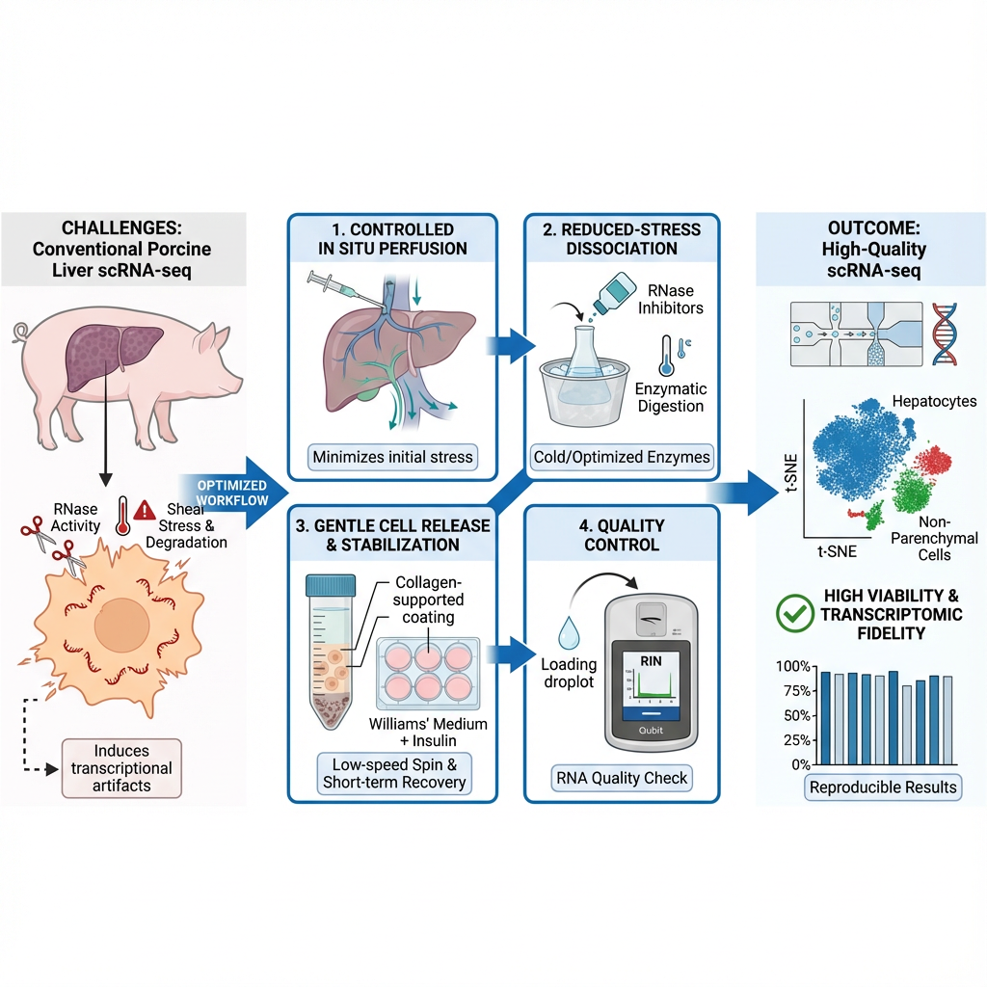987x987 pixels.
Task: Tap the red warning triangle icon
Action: pyautogui.click(x=146, y=510)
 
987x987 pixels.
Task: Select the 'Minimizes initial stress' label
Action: pyautogui.click(x=392, y=455)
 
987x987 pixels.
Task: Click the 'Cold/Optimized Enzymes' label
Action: pyautogui.click(x=622, y=455)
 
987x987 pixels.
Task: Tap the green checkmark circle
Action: pyautogui.click(x=792, y=612)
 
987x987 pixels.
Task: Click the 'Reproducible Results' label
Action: pyautogui.click(x=883, y=787)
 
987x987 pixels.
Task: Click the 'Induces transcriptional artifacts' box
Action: pyautogui.click(x=120, y=768)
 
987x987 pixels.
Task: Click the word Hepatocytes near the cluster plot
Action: pyautogui.click(x=933, y=401)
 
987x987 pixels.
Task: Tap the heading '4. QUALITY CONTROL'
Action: pyautogui.click(x=622, y=535)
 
